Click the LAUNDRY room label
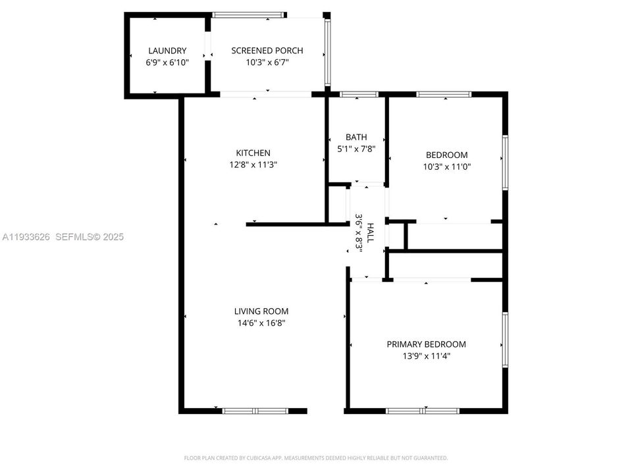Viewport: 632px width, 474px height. pos(167,51)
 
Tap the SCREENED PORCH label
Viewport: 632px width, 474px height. pos(267,51)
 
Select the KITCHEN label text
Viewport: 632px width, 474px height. pos(253,153)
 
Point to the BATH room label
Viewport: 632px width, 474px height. pos(356,137)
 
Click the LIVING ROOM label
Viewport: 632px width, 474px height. pos(261,311)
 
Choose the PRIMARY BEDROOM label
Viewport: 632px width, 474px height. pos(426,344)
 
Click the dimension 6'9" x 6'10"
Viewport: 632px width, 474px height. pos(167,63)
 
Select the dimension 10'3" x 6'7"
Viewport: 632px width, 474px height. pos(267,63)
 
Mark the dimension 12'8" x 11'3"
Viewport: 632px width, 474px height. pos(253,165)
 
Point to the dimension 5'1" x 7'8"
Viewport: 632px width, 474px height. pos(356,149)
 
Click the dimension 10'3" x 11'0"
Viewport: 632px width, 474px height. pos(446,167)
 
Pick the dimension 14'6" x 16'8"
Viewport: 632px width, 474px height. pos(261,323)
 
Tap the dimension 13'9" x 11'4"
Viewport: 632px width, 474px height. pos(426,356)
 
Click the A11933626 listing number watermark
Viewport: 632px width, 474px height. pos(26,237)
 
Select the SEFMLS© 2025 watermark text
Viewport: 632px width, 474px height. pos(89,237)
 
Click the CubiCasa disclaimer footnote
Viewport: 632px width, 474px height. pos(316,458)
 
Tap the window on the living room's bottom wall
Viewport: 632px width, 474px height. pos(255,411)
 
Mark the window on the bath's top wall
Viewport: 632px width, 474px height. pos(357,95)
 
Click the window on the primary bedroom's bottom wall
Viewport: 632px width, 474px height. pos(423,411)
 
